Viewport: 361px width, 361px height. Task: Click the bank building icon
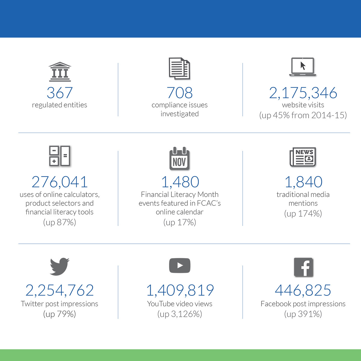point(60,72)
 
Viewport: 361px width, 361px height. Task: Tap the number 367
point(60,93)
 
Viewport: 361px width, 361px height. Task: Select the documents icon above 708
point(179,69)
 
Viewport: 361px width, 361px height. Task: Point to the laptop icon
point(303,67)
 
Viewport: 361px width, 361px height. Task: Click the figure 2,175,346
point(303,93)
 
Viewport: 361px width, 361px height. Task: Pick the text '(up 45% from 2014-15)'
point(303,115)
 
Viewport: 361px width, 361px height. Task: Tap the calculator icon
point(60,156)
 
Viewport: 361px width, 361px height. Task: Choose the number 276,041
point(60,182)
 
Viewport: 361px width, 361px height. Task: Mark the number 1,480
point(180,182)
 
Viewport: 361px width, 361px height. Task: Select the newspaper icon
point(303,157)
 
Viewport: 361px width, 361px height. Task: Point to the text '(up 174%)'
point(303,214)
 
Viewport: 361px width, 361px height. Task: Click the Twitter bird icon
point(60,266)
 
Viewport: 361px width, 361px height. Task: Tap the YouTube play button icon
point(180,266)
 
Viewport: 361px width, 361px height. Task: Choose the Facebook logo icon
point(303,267)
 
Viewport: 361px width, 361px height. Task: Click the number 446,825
point(303,290)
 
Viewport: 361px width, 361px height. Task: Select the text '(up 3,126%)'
point(180,314)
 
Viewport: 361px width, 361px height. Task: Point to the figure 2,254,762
point(60,290)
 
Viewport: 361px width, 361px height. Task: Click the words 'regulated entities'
point(60,105)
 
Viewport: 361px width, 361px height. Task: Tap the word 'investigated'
point(180,114)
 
